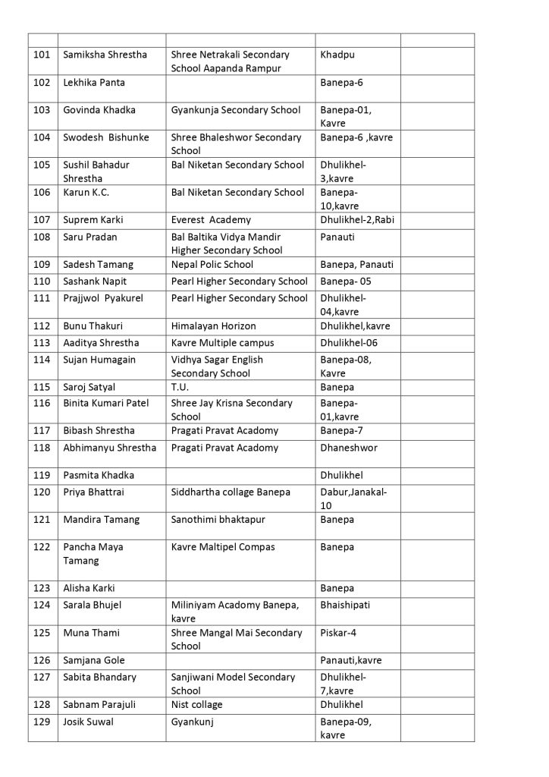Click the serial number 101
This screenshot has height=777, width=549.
point(42,55)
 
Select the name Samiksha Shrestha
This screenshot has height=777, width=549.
point(105,55)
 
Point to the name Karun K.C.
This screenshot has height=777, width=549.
point(86,192)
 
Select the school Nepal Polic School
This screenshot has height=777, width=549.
point(212,265)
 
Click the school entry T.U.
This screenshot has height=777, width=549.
point(180,387)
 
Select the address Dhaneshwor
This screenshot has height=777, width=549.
point(349,448)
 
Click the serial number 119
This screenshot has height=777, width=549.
point(42,475)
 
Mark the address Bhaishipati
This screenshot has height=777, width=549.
point(347,605)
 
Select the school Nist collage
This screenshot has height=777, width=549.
point(197,705)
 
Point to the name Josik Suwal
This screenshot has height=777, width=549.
point(88,722)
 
